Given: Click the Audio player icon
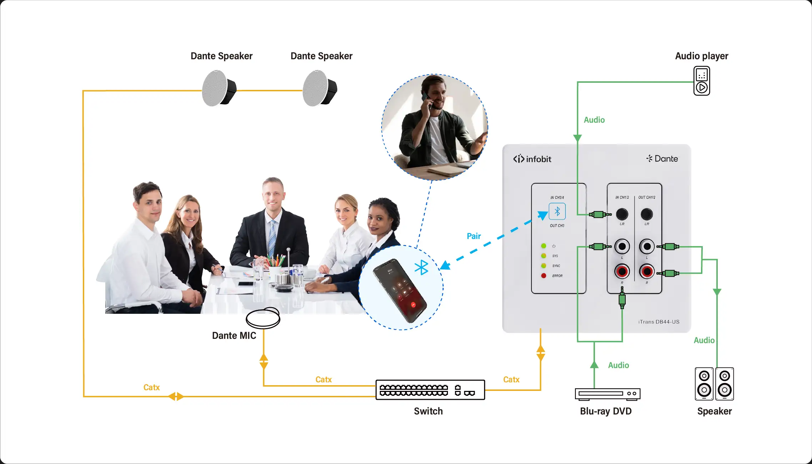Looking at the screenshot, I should pyautogui.click(x=701, y=81).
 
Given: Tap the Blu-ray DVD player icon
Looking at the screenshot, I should pyautogui.click(x=607, y=393).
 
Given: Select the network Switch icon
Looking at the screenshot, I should pyautogui.click(x=430, y=390).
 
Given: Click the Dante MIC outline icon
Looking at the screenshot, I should pyautogui.click(x=263, y=318).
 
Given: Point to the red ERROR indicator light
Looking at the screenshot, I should pyautogui.click(x=544, y=276).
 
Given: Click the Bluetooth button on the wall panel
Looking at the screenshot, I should pyautogui.click(x=557, y=211).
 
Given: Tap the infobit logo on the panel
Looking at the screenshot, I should pyautogui.click(x=532, y=159).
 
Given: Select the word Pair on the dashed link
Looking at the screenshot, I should pyautogui.click(x=474, y=236).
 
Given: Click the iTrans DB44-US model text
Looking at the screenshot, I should pyautogui.click(x=659, y=322).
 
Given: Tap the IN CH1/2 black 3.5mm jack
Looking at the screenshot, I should pyautogui.click(x=622, y=214).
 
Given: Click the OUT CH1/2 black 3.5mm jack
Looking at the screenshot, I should pyautogui.click(x=647, y=214).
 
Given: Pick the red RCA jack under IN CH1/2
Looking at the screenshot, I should pyautogui.click(x=622, y=271).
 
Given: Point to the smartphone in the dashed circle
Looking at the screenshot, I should pyautogui.click(x=400, y=290).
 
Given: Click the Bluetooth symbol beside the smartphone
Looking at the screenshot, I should pyautogui.click(x=422, y=267).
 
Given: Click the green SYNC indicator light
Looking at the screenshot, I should pyautogui.click(x=544, y=266).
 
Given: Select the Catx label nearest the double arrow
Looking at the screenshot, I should pyautogui.click(x=151, y=387).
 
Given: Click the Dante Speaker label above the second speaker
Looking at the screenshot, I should pyautogui.click(x=321, y=56).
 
